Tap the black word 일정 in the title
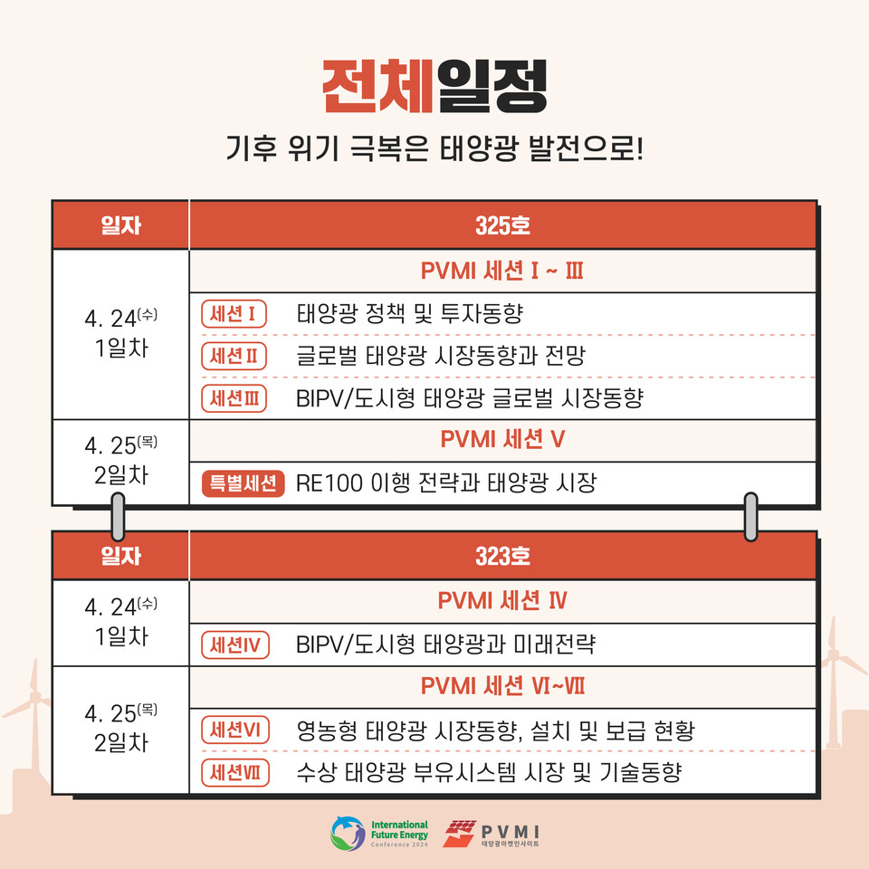(x=492, y=86)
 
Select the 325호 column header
(x=502, y=225)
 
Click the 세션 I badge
(x=234, y=314)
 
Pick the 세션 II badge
(x=234, y=356)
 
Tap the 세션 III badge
(x=234, y=397)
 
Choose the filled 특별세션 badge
(x=242, y=483)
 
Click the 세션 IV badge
(x=234, y=645)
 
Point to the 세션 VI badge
(x=234, y=730)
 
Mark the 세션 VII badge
(x=234, y=772)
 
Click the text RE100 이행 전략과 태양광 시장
(x=445, y=483)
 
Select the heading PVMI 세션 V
(x=502, y=440)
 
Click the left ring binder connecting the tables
(x=117, y=517)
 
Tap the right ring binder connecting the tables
(x=750, y=517)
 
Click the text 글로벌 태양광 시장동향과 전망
(x=440, y=356)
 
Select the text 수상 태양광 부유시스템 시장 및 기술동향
(x=488, y=772)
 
